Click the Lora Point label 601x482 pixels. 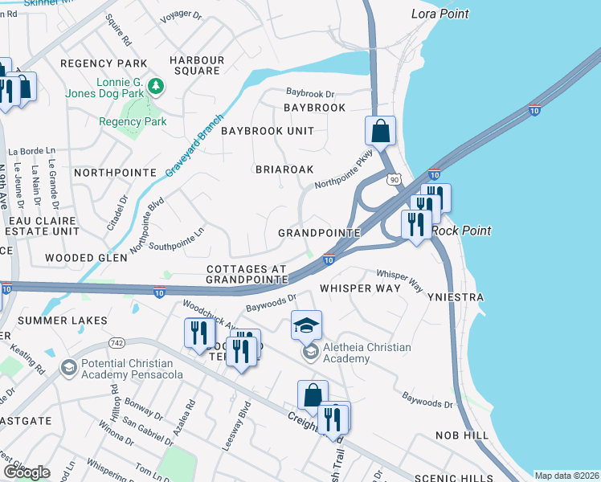pyautogui.click(x=440, y=14)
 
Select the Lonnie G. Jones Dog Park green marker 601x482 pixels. pyautogui.click(x=158, y=85)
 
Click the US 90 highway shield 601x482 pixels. pyautogui.click(x=393, y=180)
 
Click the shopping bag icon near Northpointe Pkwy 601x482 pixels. pyautogui.click(x=381, y=130)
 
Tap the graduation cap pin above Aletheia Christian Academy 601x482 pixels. pyautogui.click(x=306, y=325)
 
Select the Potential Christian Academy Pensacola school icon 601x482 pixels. pyautogui.click(x=68, y=367)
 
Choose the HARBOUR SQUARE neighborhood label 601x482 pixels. pyautogui.click(x=195, y=64)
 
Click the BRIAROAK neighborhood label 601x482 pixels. pyautogui.click(x=284, y=170)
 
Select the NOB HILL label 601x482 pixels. pyautogui.click(x=462, y=435)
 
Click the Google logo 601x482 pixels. pyautogui.click(x=27, y=472)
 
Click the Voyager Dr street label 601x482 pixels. pyautogui.click(x=181, y=14)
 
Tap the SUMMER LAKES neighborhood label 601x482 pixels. pyautogui.click(x=62, y=321)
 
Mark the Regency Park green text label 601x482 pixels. pyautogui.click(x=133, y=122)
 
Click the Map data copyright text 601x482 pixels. pyautogui.click(x=566, y=475)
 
